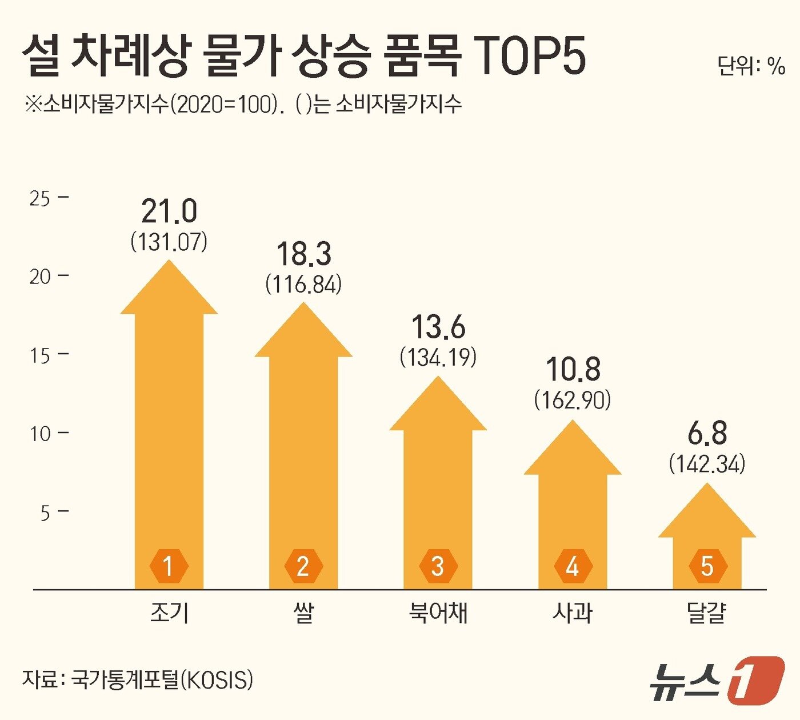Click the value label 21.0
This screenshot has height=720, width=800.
click(169, 212)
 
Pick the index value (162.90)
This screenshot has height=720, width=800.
click(573, 400)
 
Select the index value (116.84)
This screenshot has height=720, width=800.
click(303, 284)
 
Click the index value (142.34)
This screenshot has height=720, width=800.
click(707, 463)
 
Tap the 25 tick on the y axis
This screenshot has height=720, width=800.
click(40, 199)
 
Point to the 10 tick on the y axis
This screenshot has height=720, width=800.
click(40, 434)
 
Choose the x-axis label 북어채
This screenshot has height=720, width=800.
click(438, 614)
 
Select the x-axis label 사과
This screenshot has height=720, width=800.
click(573, 614)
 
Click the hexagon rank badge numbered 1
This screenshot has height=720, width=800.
click(169, 566)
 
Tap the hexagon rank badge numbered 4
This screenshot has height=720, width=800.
click(573, 566)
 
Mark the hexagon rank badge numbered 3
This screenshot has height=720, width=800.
click(438, 566)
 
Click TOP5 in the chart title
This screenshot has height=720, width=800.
click(530, 58)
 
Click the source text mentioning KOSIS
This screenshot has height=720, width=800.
click(138, 679)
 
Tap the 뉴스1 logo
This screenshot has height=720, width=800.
click(717, 681)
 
